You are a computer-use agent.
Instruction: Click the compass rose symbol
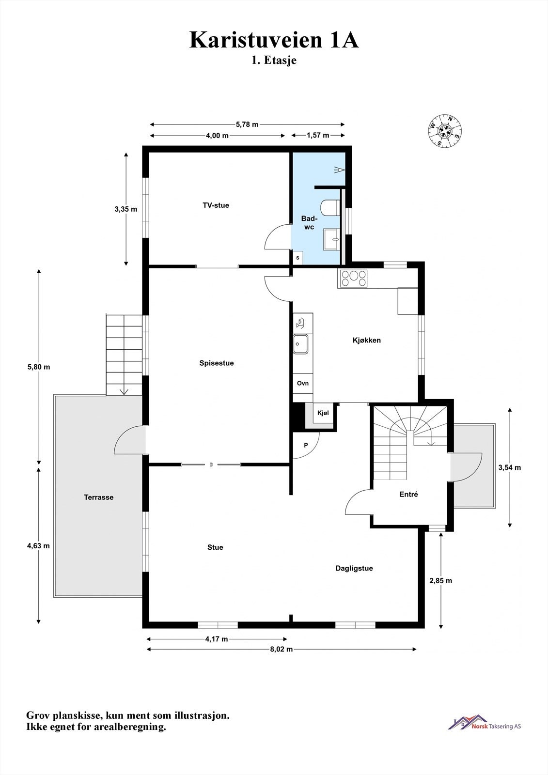pyautogui.click(x=445, y=131)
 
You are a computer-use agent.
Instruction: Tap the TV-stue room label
pyautogui.click(x=216, y=205)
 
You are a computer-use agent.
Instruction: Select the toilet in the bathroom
pyautogui.click(x=330, y=208)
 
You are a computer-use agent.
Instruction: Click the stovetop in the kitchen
pyautogui.click(x=353, y=279)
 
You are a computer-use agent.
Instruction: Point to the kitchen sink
pyautogui.click(x=300, y=344)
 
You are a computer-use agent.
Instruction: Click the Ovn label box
pyautogui.click(x=303, y=383)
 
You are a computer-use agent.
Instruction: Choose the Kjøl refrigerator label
pyautogui.click(x=323, y=413)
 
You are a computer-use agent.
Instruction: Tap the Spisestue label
pyautogui.click(x=217, y=363)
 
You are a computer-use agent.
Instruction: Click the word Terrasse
pyautogui.click(x=99, y=497)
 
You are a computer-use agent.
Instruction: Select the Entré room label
pyautogui.click(x=408, y=495)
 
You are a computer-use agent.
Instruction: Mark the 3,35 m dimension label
pyautogui.click(x=126, y=209)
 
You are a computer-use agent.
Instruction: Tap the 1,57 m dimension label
pyautogui.click(x=318, y=135)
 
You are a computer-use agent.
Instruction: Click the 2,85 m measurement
pyautogui.click(x=441, y=581)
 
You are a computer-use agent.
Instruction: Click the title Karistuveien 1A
pyautogui.click(x=274, y=40)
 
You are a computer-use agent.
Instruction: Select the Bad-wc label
pyautogui.click(x=309, y=222)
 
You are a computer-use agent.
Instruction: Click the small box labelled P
pyautogui.click(x=306, y=445)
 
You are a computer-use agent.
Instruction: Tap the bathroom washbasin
pyautogui.click(x=331, y=239)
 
